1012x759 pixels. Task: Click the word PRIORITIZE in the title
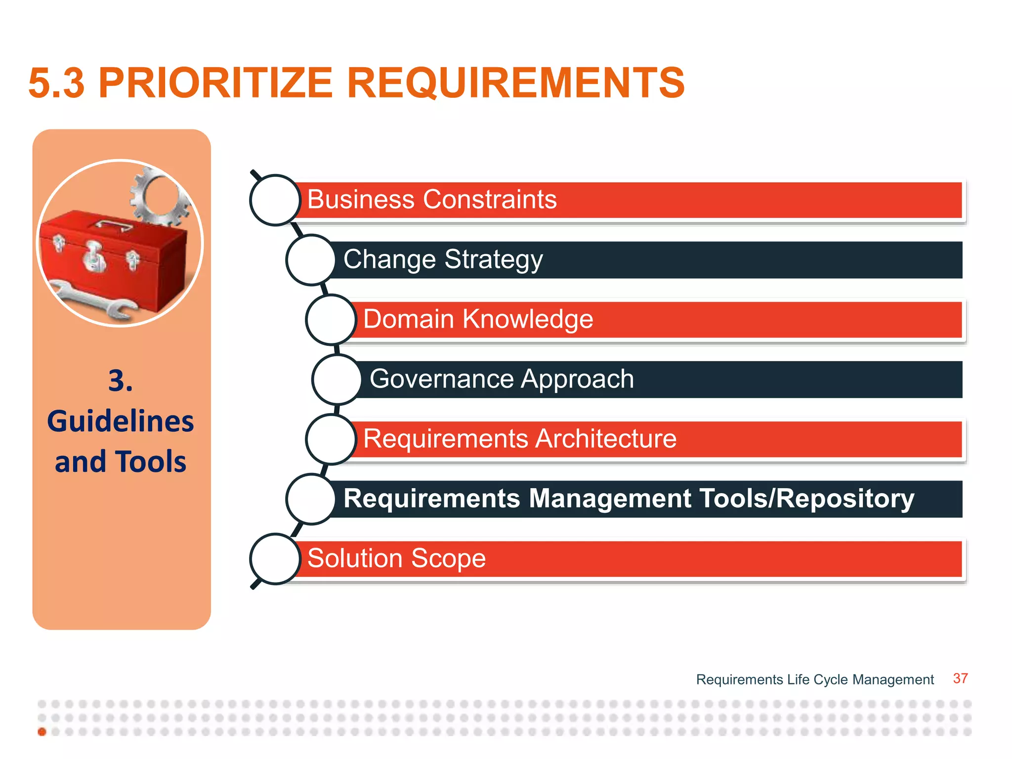215,83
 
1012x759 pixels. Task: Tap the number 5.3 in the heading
56,83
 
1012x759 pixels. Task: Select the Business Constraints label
431,200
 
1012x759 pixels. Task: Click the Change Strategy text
443,259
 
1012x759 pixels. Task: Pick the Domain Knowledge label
478,319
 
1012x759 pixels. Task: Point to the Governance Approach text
501,379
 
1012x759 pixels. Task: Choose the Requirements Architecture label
519,439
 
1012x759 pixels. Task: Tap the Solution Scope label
396,558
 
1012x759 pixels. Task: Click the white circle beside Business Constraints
275,200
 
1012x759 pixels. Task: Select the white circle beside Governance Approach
337,379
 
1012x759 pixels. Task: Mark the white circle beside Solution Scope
275,559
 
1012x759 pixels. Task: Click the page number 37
960,678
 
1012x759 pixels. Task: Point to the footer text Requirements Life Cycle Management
814,680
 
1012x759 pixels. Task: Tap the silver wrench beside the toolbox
94,299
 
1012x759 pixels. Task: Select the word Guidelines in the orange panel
121,422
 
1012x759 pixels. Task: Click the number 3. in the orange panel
121,381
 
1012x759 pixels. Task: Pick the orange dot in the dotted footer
42,732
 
